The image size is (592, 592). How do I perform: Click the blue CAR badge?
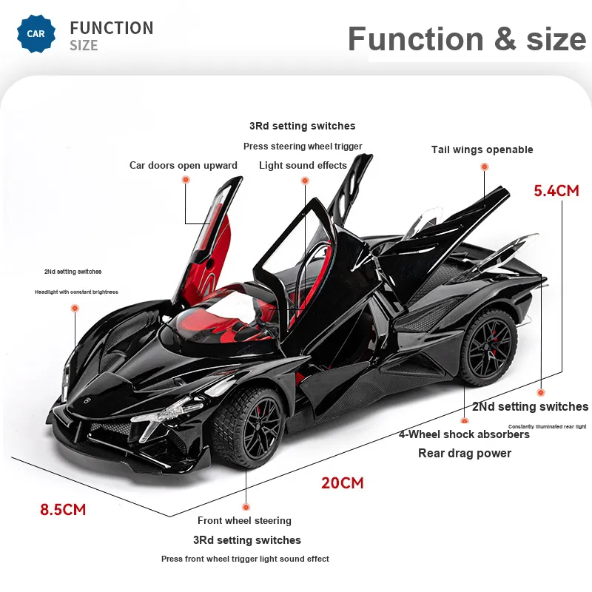(36, 33)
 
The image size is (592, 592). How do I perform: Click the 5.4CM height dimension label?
(556, 191)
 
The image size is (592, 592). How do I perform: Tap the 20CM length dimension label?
(343, 483)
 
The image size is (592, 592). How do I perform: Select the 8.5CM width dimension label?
(63, 509)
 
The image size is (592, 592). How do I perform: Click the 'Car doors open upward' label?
(184, 165)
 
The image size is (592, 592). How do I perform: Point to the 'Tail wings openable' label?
(482, 149)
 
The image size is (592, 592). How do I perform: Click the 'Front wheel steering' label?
(244, 521)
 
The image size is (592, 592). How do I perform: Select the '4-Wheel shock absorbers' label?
(464, 434)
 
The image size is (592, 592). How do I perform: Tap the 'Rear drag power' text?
(465, 453)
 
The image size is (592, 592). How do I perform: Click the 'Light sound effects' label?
(303, 165)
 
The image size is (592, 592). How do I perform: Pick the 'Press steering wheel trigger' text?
(303, 146)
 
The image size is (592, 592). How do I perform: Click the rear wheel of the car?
(488, 348)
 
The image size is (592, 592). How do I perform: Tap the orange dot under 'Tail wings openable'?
(485, 166)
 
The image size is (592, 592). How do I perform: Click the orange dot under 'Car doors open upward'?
(186, 180)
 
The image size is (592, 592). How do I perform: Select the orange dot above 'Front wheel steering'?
(246, 507)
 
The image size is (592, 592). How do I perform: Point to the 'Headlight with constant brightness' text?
(76, 292)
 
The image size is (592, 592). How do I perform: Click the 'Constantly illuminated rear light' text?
(547, 427)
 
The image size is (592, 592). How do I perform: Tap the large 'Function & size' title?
(467, 39)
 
